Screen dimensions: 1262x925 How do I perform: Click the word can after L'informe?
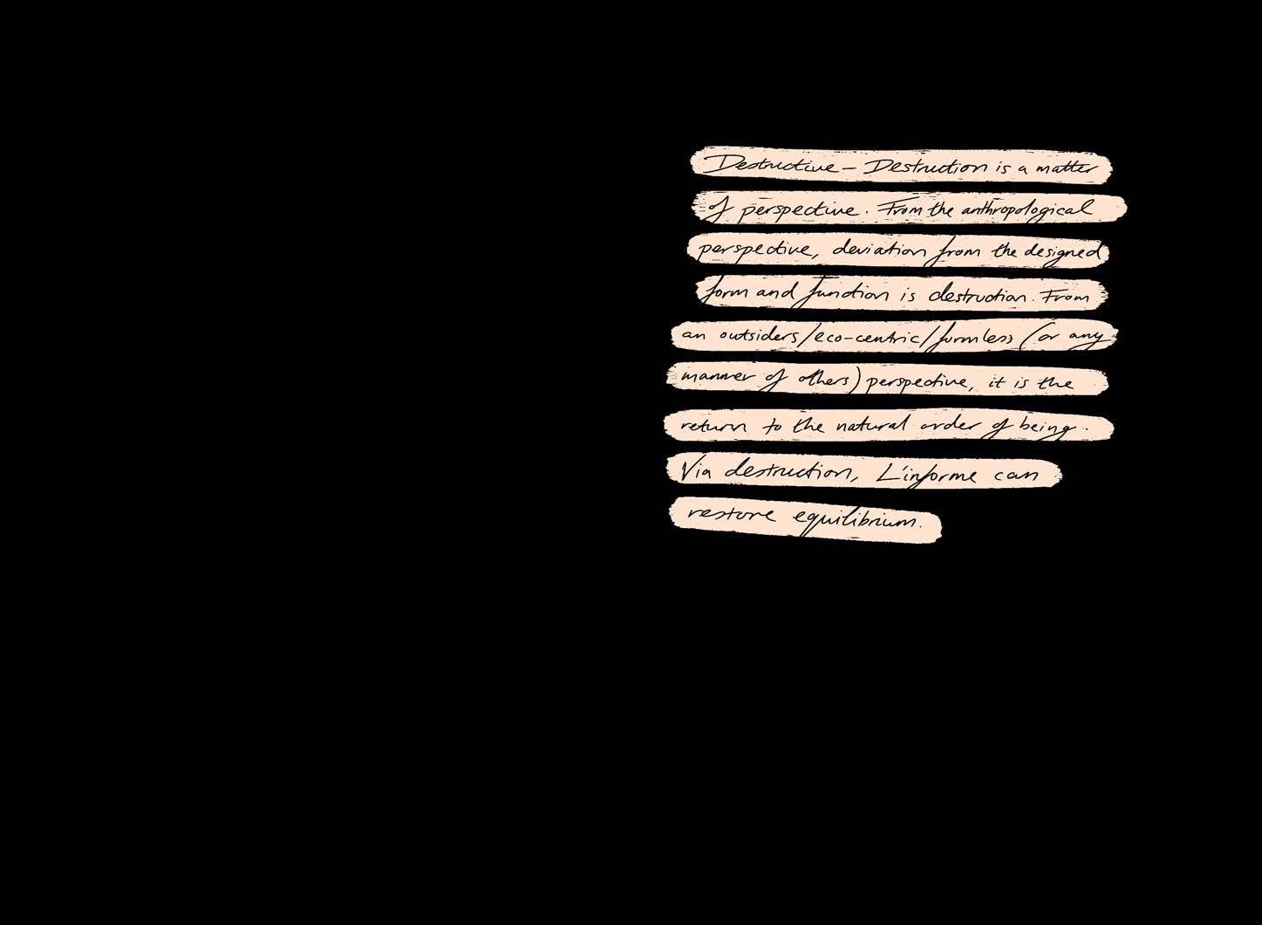[1017, 476]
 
